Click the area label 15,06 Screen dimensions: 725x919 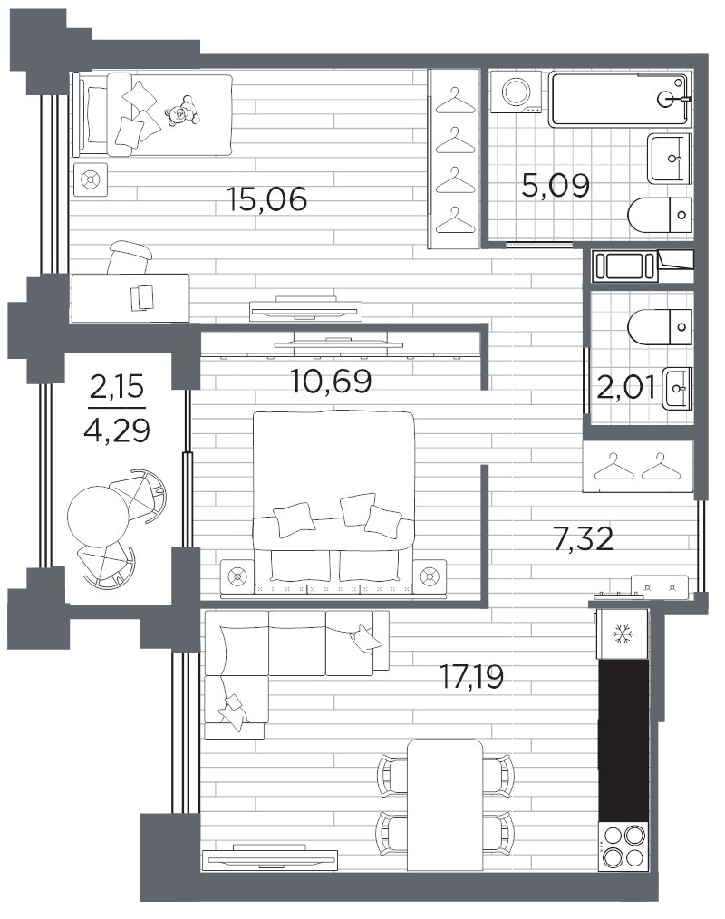click(266, 199)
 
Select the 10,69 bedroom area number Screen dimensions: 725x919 click(331, 381)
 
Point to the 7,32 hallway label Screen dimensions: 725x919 click(583, 538)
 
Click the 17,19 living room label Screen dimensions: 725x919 click(472, 677)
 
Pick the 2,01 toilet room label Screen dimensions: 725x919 click(625, 387)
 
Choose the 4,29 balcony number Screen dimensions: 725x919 click(117, 430)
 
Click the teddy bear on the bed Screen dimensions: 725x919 click(181, 111)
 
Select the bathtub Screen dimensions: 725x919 click(620, 99)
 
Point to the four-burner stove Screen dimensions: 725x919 click(623, 846)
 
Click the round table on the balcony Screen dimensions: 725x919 click(98, 516)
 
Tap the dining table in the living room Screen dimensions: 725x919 click(445, 805)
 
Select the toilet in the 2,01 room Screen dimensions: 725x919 click(660, 326)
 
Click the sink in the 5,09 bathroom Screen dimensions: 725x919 click(670, 159)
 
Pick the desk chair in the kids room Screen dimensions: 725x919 click(130, 256)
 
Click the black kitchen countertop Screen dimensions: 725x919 click(623, 740)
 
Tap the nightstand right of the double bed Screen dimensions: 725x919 click(430, 576)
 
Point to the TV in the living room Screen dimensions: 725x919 click(269, 857)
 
